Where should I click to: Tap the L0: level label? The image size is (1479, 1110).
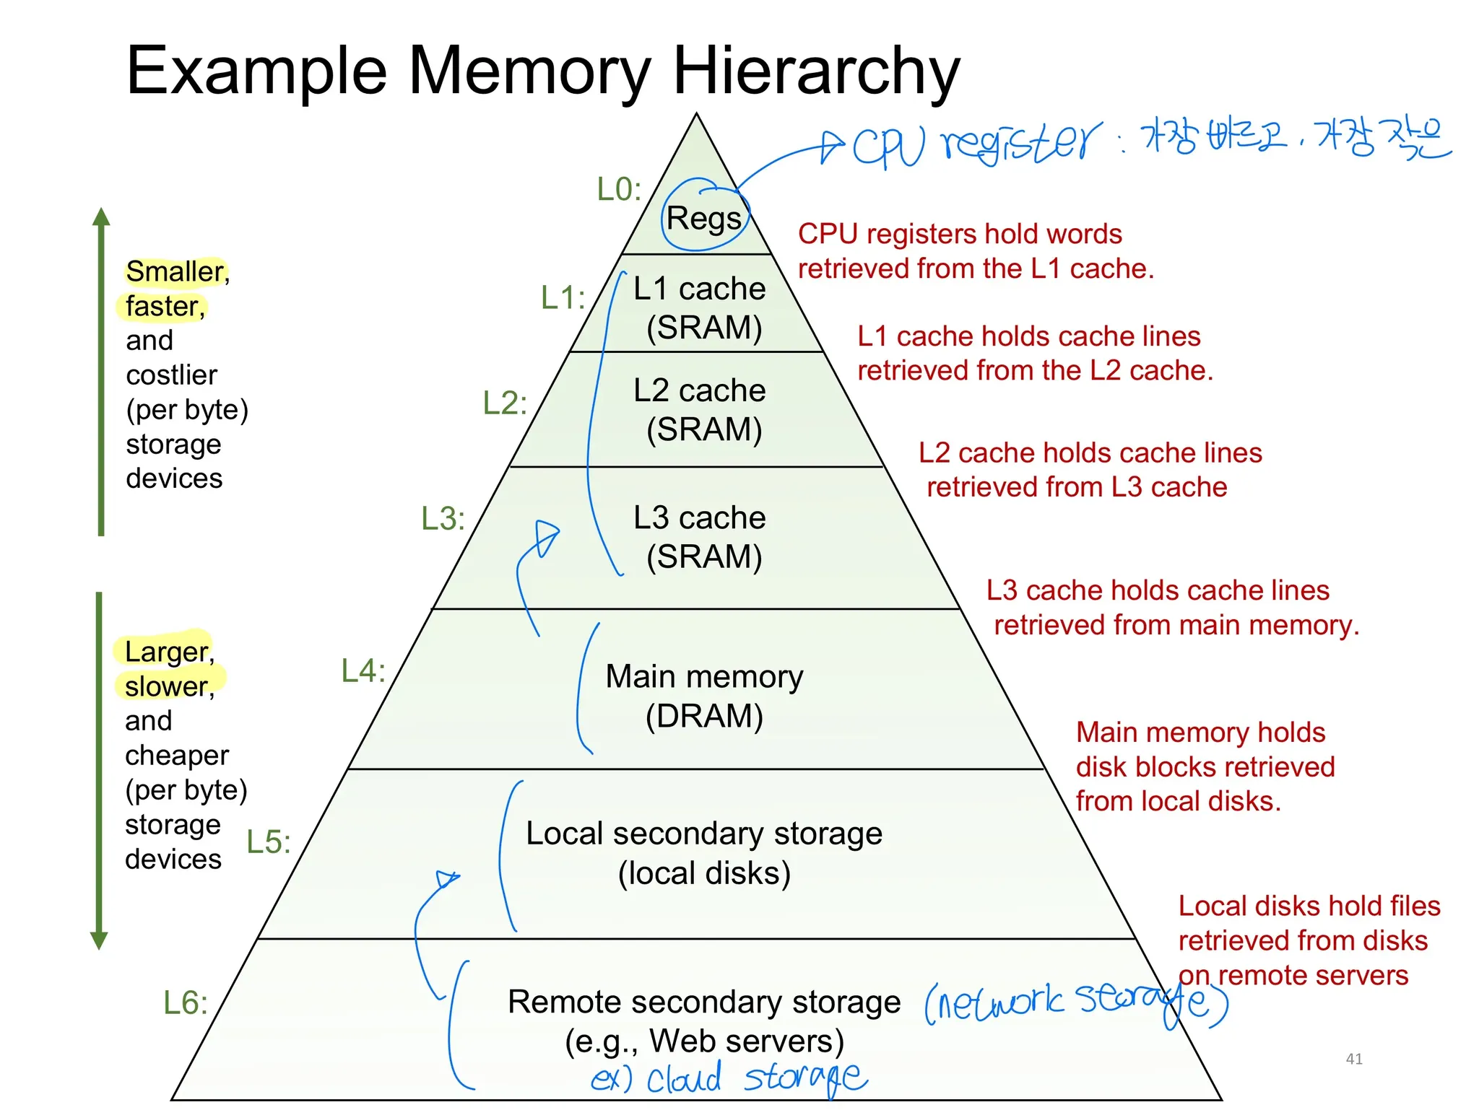click(619, 189)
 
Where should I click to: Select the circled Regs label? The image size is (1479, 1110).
click(704, 218)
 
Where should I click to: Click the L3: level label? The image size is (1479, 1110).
click(443, 519)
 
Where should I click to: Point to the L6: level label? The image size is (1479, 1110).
click(185, 1002)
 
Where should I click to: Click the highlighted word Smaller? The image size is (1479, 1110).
click(175, 272)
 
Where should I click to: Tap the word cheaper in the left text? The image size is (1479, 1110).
click(176, 755)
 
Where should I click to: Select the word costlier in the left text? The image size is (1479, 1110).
click(171, 375)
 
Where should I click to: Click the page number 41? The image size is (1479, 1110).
click(1354, 1059)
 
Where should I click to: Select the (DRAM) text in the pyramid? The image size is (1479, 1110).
click(704, 716)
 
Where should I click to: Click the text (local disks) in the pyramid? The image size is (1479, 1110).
click(704, 873)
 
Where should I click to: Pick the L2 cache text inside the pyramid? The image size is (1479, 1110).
click(699, 390)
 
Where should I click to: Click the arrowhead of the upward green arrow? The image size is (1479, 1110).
click(102, 217)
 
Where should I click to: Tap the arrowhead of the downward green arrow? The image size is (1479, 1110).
click(100, 940)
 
